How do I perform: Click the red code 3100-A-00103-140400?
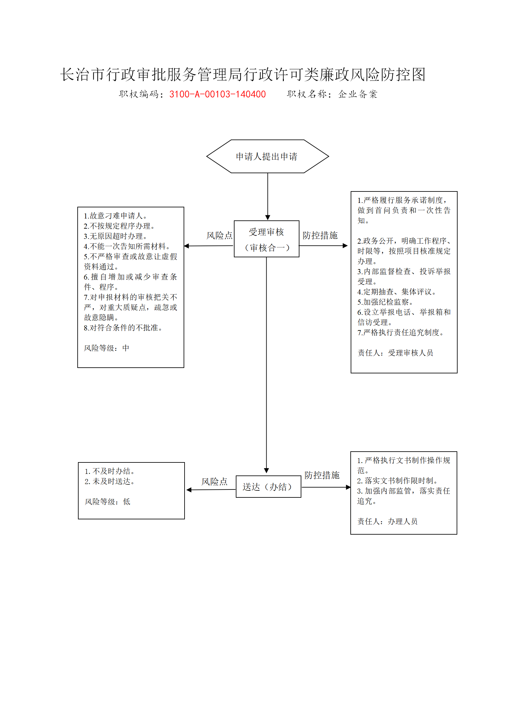[x=217, y=94]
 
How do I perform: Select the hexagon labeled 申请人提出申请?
[x=268, y=156]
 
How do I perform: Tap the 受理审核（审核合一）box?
[x=267, y=239]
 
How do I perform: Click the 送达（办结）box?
[x=269, y=487]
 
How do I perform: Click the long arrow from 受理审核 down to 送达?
[x=267, y=365]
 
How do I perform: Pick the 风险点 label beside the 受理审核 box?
[x=220, y=235]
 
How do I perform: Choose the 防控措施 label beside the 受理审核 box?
[x=320, y=235]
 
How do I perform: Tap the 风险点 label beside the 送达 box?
[x=214, y=482]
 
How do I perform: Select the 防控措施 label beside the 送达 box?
[x=322, y=475]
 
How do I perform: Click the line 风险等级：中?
[x=107, y=348]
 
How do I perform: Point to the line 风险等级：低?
[x=108, y=502]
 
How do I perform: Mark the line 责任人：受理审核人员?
[x=395, y=353]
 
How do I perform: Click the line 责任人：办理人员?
[x=387, y=522]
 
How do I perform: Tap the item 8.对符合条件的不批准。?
[x=123, y=328]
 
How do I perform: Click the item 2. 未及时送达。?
[x=110, y=482]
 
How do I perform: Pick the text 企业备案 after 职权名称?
[x=358, y=94]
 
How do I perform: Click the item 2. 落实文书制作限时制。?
[x=398, y=481]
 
